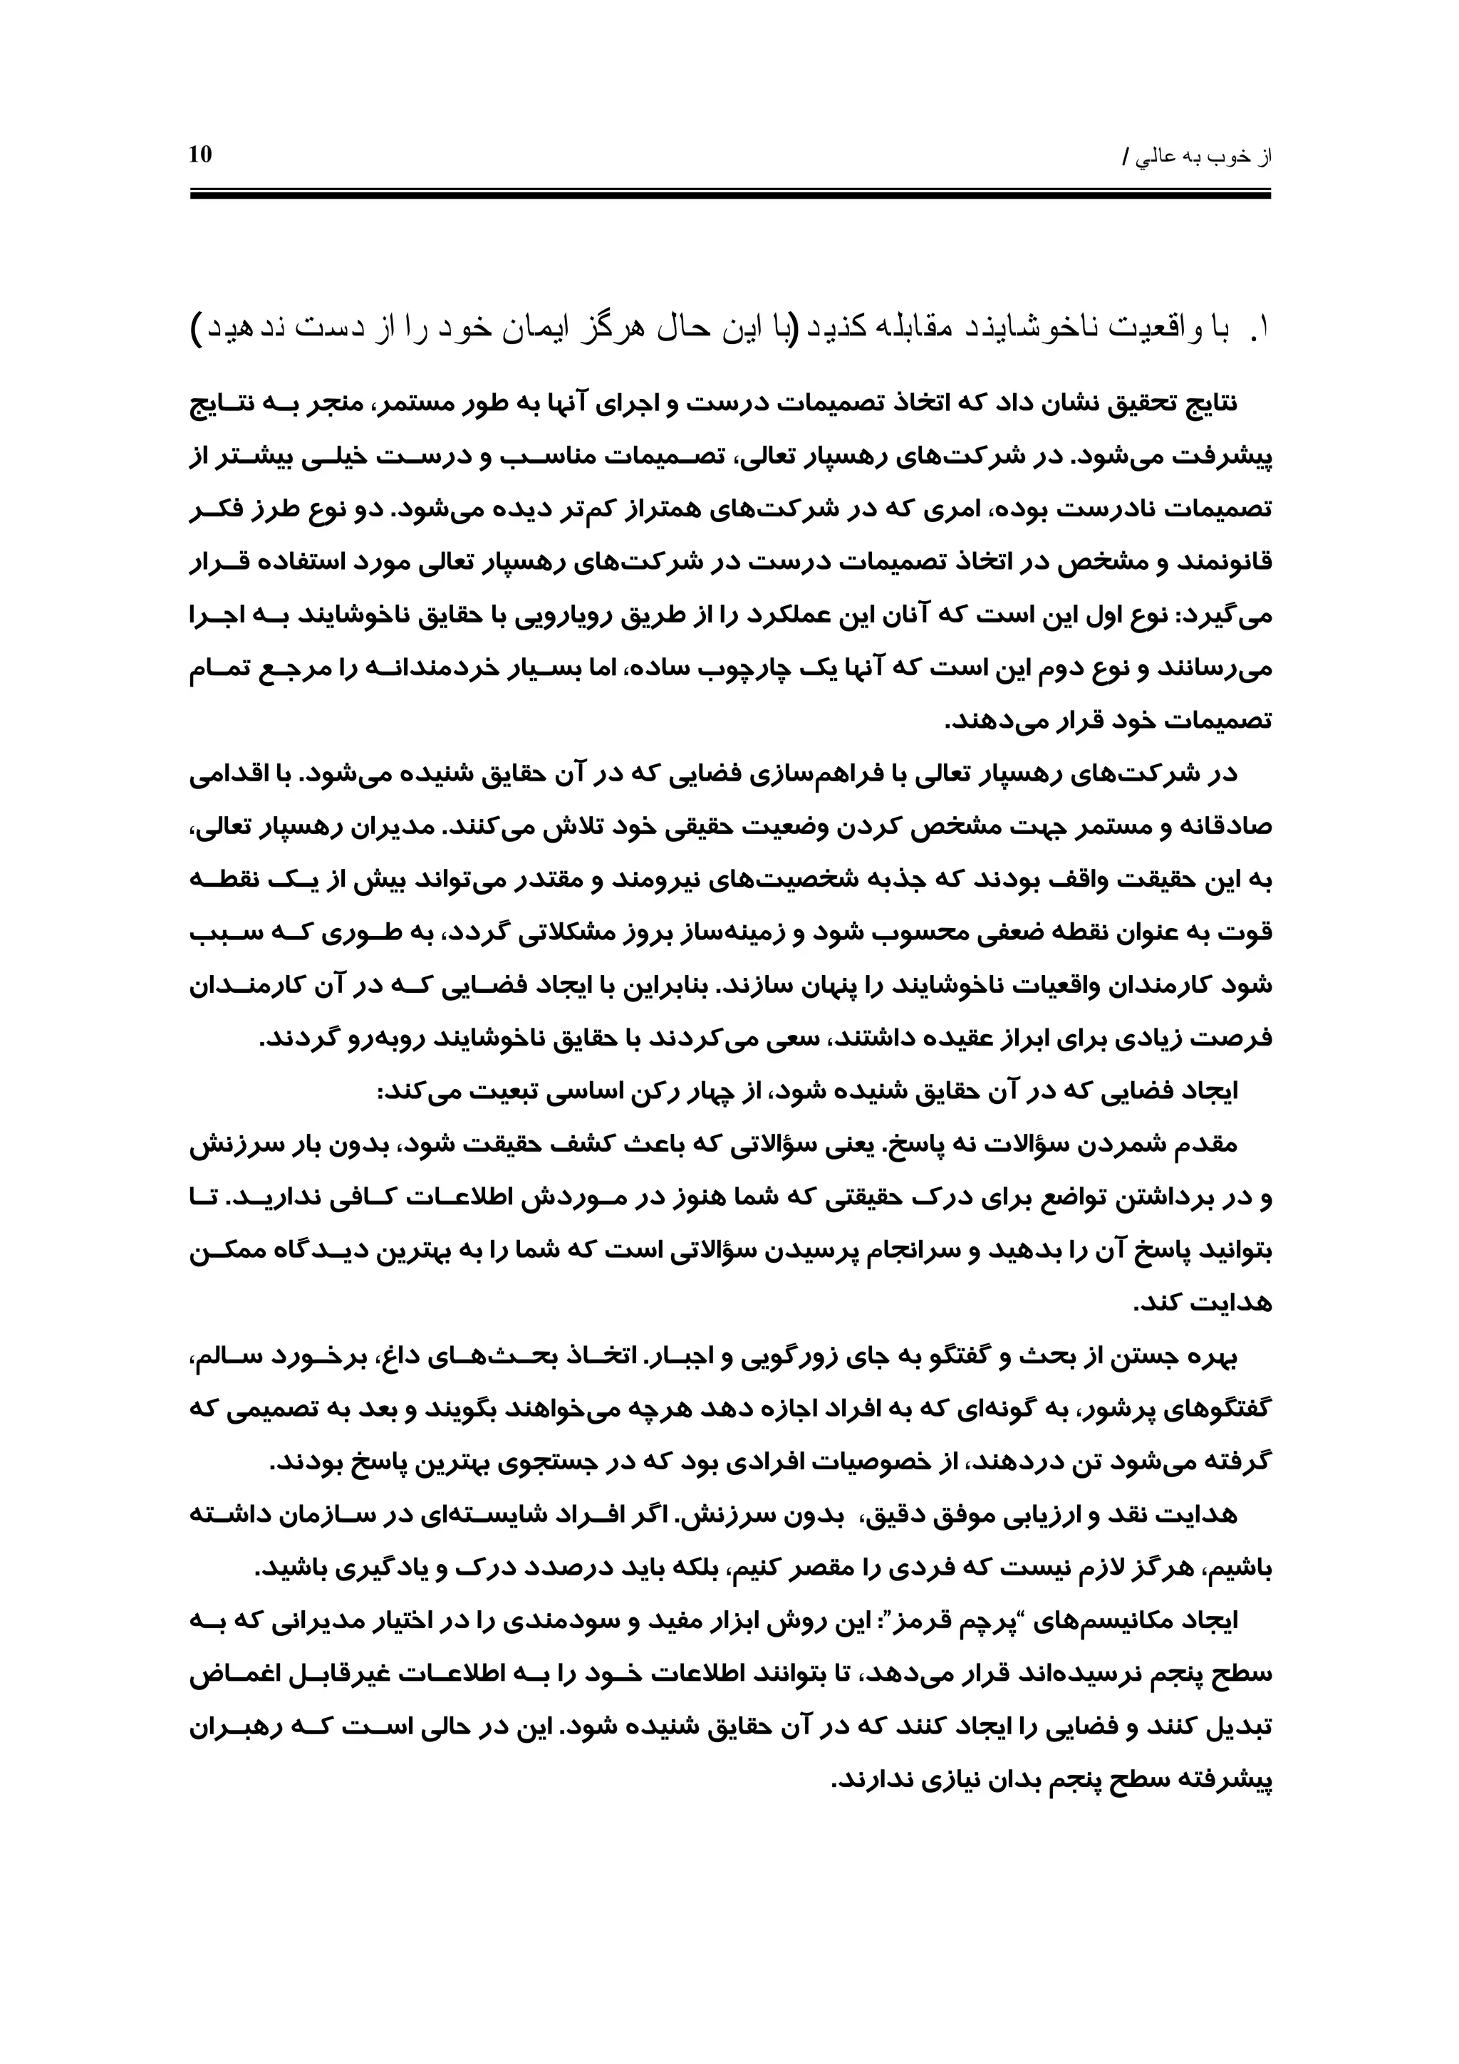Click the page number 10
click(200, 155)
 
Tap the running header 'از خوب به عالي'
click(1205, 157)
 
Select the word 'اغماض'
click(229, 1676)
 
